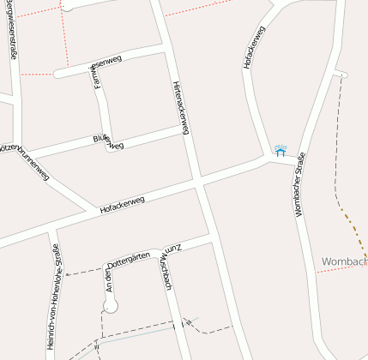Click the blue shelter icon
tap(280, 150)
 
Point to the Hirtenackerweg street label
tap(180, 108)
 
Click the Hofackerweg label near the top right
tap(255, 47)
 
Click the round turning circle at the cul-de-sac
tap(110, 305)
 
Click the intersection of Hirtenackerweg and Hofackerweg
tap(199, 182)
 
